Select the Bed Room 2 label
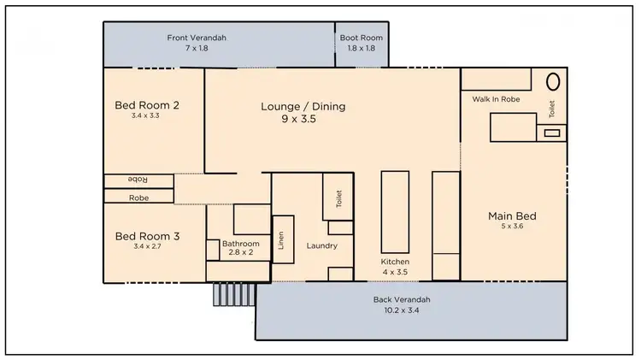[146, 105]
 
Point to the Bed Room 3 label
[146, 236]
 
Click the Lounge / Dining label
[303, 107]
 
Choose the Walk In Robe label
[496, 99]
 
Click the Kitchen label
[395, 261]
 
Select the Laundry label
[322, 246]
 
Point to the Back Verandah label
[401, 299]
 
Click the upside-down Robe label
[138, 180]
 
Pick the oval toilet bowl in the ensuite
[553, 82]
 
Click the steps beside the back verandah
[233, 294]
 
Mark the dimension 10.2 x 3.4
[401, 310]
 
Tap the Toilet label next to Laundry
[338, 198]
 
